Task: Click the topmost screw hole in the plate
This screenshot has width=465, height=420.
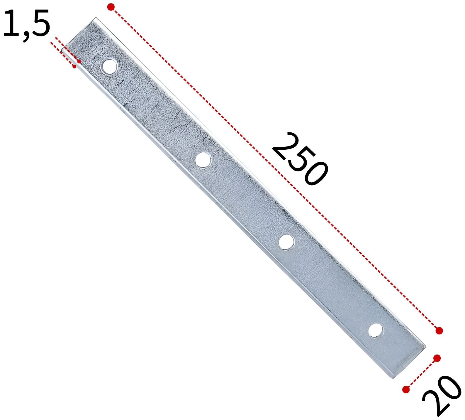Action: (109, 67)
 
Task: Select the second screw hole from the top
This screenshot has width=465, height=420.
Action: (204, 160)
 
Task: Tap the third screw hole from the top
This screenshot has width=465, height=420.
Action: (286, 242)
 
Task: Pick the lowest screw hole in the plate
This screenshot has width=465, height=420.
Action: (376, 331)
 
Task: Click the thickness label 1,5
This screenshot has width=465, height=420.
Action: (27, 24)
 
